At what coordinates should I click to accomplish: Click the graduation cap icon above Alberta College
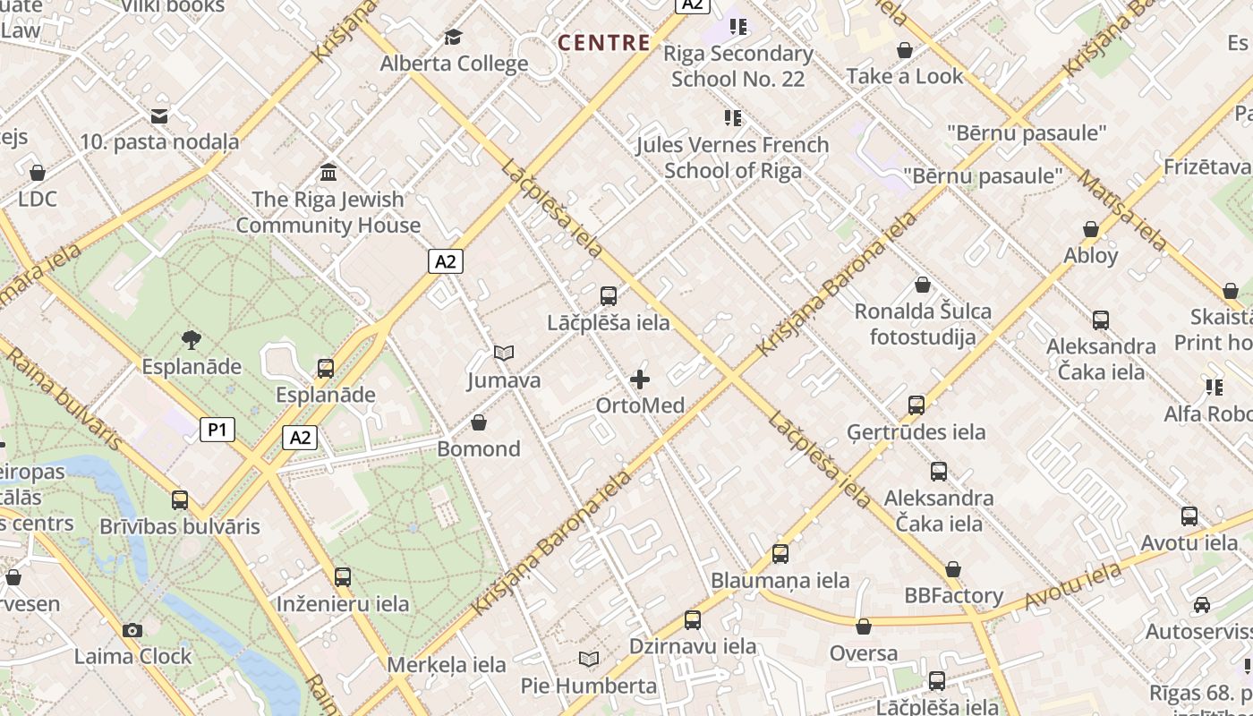[x=454, y=38]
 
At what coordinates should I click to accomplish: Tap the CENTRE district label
[x=604, y=42]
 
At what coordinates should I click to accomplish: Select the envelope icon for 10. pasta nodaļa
[x=159, y=115]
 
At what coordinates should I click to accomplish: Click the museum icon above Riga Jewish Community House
[x=328, y=172]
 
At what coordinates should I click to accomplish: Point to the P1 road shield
[x=217, y=430]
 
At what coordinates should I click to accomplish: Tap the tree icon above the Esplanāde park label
[x=191, y=339]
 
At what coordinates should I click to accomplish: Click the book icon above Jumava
[x=504, y=354]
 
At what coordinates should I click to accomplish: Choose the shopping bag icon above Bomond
[x=479, y=422]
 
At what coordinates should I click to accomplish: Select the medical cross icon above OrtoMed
[x=640, y=379]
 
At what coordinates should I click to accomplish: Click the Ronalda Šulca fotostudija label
[x=923, y=324]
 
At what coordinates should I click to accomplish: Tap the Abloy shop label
[x=1090, y=255]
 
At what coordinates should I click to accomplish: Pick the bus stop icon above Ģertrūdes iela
[x=916, y=405]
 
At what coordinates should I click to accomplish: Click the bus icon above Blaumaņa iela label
[x=780, y=554]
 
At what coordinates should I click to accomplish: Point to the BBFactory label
[x=953, y=595]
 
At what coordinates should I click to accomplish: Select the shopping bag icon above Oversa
[x=864, y=626]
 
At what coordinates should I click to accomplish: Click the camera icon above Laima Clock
[x=132, y=630]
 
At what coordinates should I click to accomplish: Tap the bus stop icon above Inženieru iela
[x=343, y=577]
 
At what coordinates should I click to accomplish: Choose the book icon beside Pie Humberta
[x=588, y=660]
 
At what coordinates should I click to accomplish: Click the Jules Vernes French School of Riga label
[x=733, y=157]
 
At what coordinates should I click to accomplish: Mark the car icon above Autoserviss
[x=1202, y=605]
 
